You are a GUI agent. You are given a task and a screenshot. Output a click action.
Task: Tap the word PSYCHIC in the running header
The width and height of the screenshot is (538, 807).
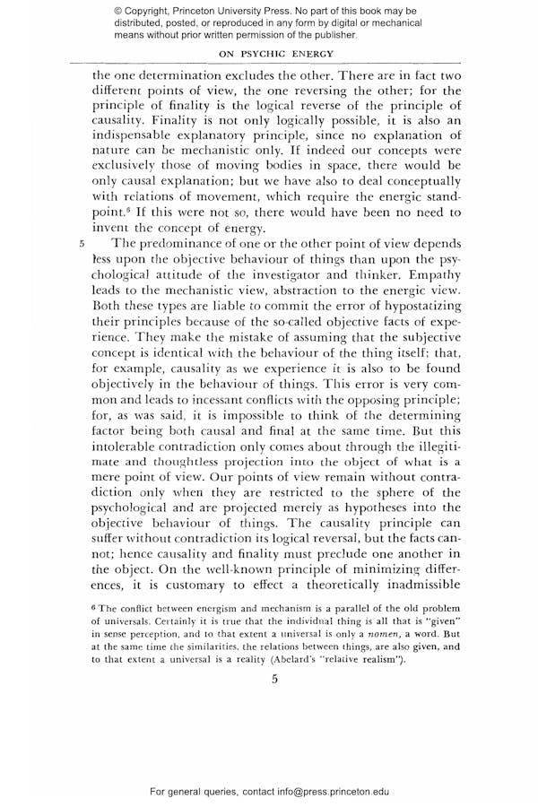pos(270,54)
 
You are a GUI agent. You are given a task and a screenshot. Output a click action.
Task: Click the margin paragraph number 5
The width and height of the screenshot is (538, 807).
pos(81,242)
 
